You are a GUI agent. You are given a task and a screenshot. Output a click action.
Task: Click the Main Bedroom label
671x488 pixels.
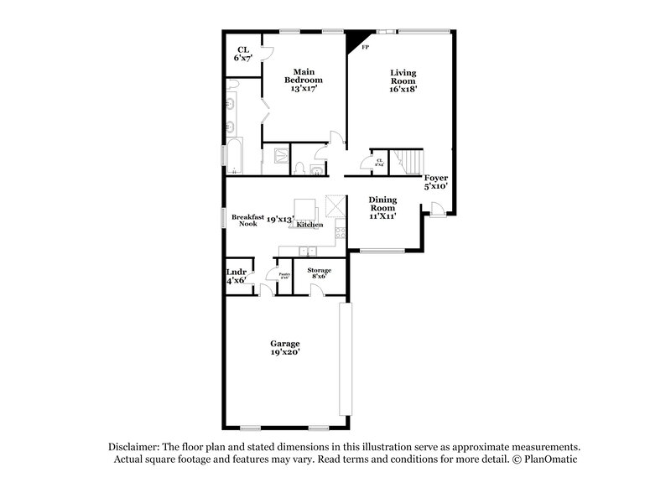pos(306,80)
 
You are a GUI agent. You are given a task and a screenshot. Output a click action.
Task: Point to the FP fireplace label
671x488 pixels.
pos(365,48)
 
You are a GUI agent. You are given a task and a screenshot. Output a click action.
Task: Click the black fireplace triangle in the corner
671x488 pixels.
pos(355,39)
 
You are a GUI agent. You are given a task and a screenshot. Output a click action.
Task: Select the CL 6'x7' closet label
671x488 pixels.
pos(243,54)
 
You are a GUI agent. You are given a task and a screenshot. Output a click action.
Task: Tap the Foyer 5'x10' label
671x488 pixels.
pos(435,182)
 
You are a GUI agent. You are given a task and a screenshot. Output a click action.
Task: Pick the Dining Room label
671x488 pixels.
pos(382,206)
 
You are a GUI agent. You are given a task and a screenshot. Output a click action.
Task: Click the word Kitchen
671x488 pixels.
pos(309,225)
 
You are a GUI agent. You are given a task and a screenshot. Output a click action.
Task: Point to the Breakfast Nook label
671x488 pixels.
pos(244,220)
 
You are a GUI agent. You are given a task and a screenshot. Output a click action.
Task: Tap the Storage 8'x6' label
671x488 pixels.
pos(319,273)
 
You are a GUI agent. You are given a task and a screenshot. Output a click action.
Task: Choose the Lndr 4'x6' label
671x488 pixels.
pos(236,276)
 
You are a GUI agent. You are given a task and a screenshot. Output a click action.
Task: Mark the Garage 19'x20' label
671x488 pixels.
pos(284,349)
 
